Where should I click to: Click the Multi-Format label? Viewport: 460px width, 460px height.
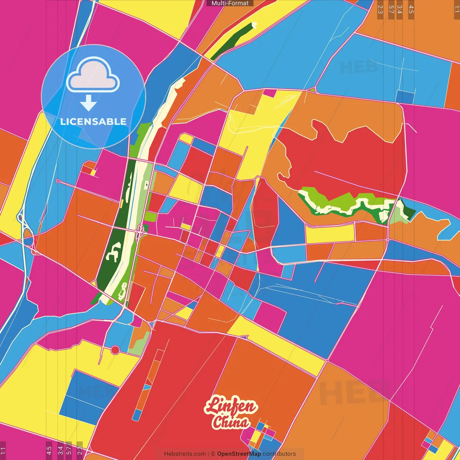tap(230, 3)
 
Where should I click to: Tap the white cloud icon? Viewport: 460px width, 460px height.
tap(93, 76)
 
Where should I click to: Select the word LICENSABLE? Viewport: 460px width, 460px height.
tap(93, 121)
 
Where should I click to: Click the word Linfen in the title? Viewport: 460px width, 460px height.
tap(231, 406)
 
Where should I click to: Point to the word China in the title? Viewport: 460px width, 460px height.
tap(231, 422)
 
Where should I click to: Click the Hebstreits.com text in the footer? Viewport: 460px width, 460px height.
tap(185, 454)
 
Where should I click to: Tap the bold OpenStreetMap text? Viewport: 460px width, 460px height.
tap(239, 454)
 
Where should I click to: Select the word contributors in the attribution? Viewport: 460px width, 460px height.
tap(279, 454)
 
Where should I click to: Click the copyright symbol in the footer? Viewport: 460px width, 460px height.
tap(213, 454)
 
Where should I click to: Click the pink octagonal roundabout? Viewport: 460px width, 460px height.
tap(115, 349)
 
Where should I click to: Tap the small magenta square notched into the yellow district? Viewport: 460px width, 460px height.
tap(270, 93)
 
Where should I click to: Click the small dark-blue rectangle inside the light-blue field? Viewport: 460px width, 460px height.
tap(405, 97)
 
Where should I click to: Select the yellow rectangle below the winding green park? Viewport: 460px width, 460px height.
tap(330, 234)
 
